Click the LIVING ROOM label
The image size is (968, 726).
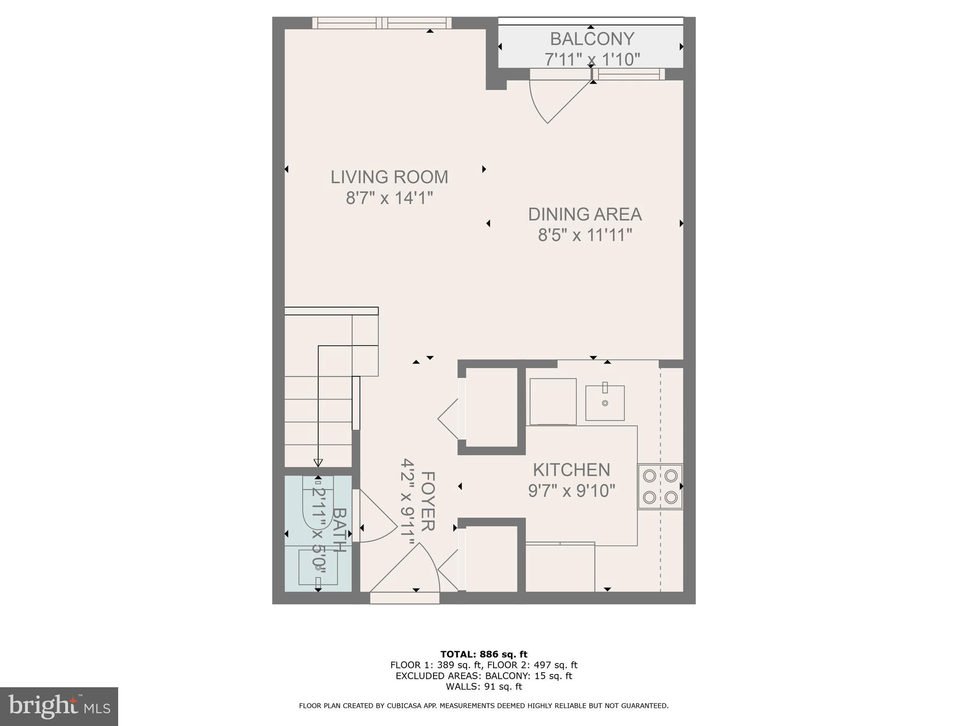(389, 177)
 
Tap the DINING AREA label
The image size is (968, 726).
(585, 215)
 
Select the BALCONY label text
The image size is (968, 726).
(592, 39)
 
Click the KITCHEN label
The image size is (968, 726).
(571, 470)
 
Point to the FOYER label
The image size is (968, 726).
(427, 501)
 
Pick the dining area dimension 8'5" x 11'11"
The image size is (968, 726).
(585, 235)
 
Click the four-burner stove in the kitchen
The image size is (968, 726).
(660, 486)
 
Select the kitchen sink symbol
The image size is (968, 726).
(605, 403)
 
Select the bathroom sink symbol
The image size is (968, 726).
(318, 567)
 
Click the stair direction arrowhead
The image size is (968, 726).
(318, 463)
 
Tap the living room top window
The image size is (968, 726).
(382, 23)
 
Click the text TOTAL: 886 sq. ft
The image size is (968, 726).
(484, 655)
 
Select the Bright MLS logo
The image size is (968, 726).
(59, 706)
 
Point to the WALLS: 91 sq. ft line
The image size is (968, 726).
(484, 687)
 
